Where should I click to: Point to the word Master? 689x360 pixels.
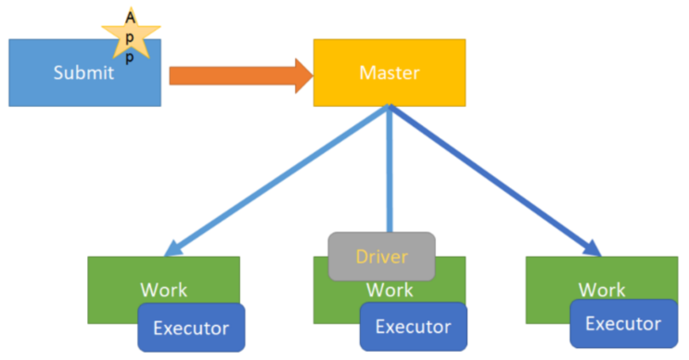pyautogui.click(x=389, y=72)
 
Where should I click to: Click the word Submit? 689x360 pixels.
pyautogui.click(x=83, y=73)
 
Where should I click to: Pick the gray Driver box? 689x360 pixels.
pyautogui.click(x=381, y=256)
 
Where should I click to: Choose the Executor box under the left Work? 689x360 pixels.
pyautogui.click(x=191, y=328)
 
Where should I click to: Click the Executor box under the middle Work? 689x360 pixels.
pyautogui.click(x=413, y=327)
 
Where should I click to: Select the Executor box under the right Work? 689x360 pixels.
pyautogui.click(x=622, y=324)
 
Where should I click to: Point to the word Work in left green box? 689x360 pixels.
pyautogui.click(x=163, y=289)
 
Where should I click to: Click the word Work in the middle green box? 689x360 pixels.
pyautogui.click(x=389, y=289)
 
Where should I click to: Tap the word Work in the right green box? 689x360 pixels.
pyautogui.click(x=602, y=289)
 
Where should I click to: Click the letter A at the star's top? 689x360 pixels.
pyautogui.click(x=130, y=19)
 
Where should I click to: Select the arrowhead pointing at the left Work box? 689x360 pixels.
pyautogui.click(x=174, y=249)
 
